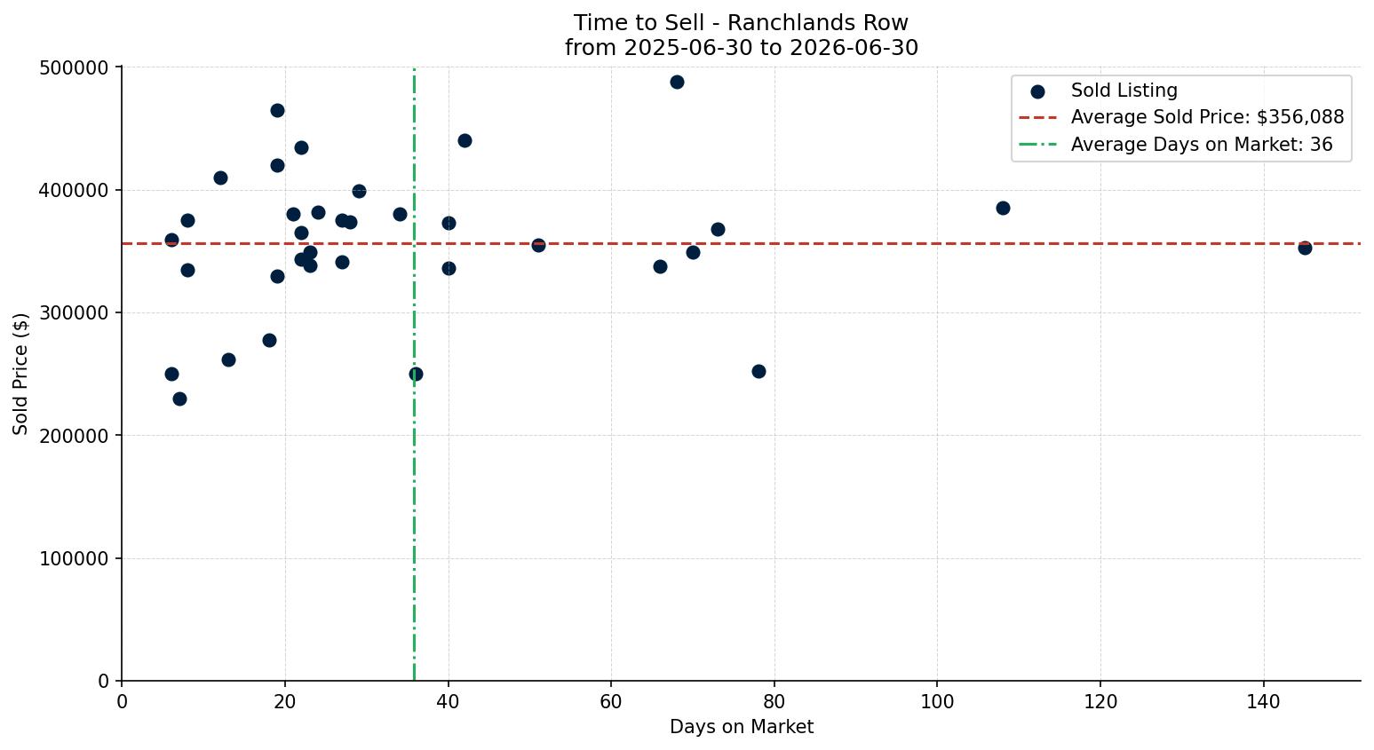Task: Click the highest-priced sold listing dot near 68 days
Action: (x=677, y=83)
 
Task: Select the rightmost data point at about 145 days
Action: (x=1305, y=248)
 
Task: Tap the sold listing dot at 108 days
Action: (x=1003, y=208)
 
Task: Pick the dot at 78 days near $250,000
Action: (x=758, y=371)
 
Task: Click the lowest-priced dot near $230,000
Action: (x=179, y=399)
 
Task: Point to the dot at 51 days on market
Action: (x=538, y=245)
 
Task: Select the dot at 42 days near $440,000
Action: (x=465, y=141)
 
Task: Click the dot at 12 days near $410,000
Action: (x=220, y=178)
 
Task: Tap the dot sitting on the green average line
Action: (x=416, y=374)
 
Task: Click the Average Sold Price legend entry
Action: (x=1181, y=117)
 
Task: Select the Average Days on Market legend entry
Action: (x=1175, y=145)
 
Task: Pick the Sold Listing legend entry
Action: (x=1104, y=91)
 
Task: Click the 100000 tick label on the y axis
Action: (x=74, y=559)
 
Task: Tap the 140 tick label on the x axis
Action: (x=1264, y=701)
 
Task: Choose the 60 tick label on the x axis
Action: (x=611, y=701)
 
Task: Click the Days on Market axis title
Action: (x=742, y=727)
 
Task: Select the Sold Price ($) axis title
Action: (x=20, y=374)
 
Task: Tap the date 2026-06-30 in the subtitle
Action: (x=854, y=48)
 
